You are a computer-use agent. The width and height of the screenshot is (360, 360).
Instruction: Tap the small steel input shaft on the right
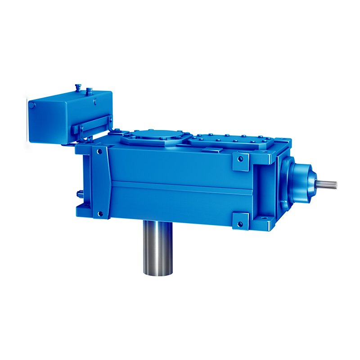click(327, 184)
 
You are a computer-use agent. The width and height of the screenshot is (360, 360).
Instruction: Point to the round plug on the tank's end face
click(32, 104)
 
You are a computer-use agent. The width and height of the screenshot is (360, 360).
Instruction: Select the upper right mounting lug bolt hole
click(241, 159)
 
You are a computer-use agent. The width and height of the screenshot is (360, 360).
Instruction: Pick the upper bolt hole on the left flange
click(100, 151)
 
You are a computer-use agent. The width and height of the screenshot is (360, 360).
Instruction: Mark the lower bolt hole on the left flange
click(100, 213)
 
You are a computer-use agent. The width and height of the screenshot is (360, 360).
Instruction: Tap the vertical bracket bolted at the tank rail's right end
click(109, 124)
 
